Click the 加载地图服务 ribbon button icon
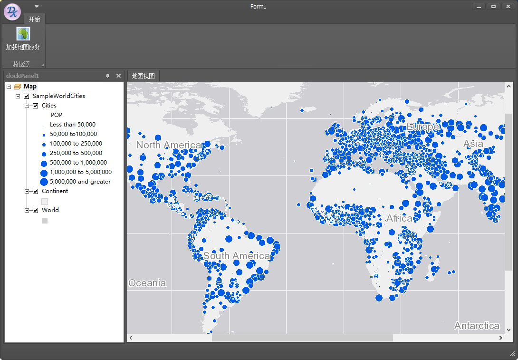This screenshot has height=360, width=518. [x=23, y=34]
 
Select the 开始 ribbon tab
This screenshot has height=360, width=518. [x=34, y=19]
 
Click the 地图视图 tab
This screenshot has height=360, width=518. [x=143, y=76]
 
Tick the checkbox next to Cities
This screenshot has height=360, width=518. [x=35, y=106]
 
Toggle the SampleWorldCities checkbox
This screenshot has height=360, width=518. [x=26, y=96]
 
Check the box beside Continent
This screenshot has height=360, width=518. [x=35, y=191]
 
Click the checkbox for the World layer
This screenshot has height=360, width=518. [x=35, y=210]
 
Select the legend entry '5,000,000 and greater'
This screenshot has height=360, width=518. [x=80, y=182]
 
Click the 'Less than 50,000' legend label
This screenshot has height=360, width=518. [x=73, y=125]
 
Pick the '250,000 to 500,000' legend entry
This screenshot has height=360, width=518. [x=76, y=153]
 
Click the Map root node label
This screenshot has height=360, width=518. [x=30, y=87]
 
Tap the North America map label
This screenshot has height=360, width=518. [x=168, y=145]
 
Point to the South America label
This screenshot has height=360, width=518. [x=237, y=256]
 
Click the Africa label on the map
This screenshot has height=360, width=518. [x=399, y=218]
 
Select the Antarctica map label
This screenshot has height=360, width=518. [x=477, y=326]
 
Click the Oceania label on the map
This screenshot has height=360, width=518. [x=147, y=283]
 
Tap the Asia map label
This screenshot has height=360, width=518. [x=473, y=144]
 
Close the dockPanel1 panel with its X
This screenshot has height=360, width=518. [x=118, y=76]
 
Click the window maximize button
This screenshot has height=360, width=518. [x=493, y=7]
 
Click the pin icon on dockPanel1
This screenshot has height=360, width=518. [x=107, y=76]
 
